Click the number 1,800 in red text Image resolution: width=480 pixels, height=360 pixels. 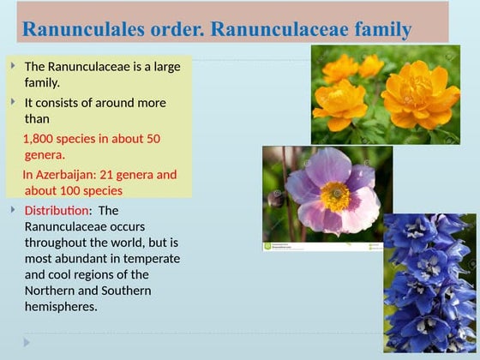pos(40,138)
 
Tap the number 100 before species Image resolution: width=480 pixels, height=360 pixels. pos(75,190)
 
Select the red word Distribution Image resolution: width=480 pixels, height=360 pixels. pos(57,210)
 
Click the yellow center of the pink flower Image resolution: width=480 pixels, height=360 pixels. pos(335,195)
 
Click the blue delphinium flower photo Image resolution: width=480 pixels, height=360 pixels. pos(429,283)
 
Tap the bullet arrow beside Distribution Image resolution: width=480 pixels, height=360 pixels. pos(13,209)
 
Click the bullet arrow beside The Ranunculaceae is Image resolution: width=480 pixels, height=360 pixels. pos(13,65)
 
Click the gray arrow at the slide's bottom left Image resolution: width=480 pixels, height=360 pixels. pos(27,342)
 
